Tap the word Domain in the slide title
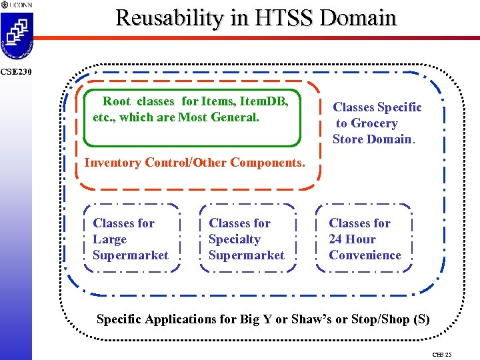point(358,17)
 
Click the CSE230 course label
point(15,71)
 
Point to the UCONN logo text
point(19,5)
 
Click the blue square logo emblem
point(16,33)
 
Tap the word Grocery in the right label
point(374,123)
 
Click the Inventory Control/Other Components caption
point(195,163)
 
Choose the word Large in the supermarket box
point(109,239)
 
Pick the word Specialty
point(234,239)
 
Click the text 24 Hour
point(352,239)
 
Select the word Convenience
point(365,255)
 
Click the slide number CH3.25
point(441,354)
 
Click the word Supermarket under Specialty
point(246,255)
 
